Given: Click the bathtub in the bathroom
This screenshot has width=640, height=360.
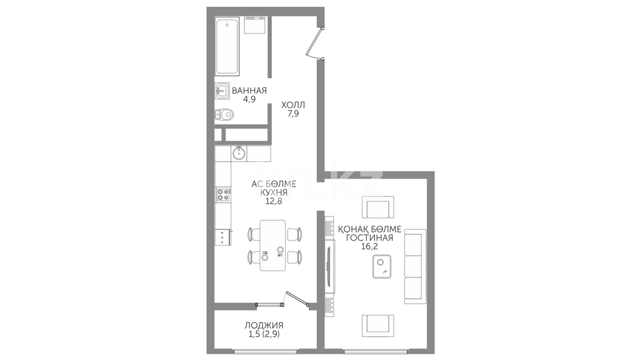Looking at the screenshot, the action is [227, 47].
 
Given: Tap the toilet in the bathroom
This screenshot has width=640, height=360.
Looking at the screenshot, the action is [224, 115].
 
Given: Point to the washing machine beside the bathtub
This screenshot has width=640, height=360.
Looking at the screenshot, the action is [254, 25].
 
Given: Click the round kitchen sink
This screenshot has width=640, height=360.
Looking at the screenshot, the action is [239, 154].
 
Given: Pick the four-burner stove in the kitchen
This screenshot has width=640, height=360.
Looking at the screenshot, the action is [223, 195].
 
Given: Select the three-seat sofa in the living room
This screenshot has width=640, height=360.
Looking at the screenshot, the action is [415, 266].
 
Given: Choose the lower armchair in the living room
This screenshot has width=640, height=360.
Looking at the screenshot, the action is [378, 326].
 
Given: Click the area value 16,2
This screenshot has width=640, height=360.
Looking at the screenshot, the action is [369, 246].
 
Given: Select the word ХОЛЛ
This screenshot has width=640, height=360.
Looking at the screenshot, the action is [293, 105].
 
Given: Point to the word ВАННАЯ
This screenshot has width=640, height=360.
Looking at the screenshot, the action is [249, 91].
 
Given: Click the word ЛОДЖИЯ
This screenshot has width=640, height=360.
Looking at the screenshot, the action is [264, 325].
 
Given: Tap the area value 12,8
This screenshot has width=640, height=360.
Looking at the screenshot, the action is [274, 201].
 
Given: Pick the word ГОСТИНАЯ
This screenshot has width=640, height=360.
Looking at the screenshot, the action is [370, 238].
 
